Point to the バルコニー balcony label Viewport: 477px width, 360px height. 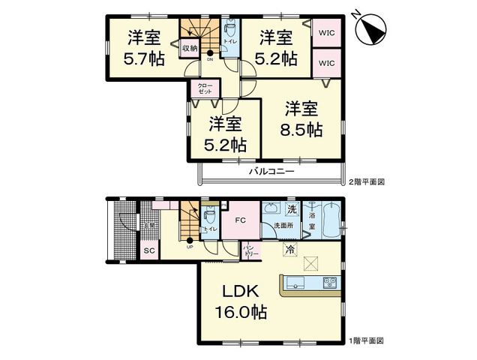pyautogui.click(x=271, y=172)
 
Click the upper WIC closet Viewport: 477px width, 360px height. pyautogui.click(x=326, y=33)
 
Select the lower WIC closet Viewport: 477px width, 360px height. pyautogui.click(x=326, y=63)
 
